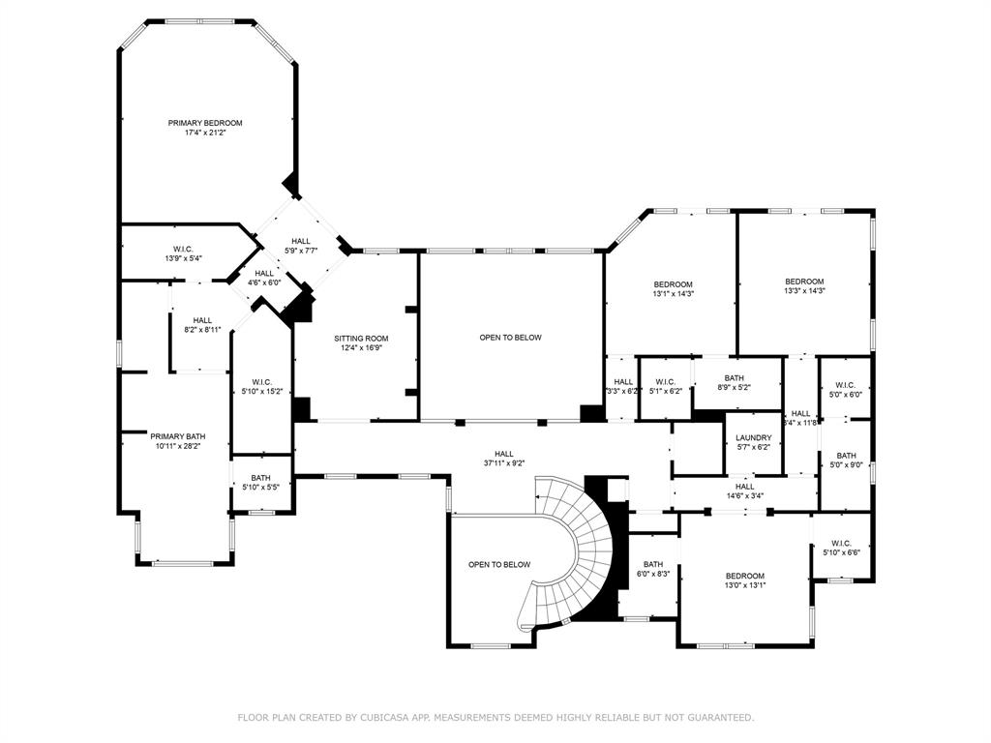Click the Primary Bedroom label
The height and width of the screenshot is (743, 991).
click(x=205, y=123)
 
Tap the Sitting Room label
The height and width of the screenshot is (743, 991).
click(x=362, y=339)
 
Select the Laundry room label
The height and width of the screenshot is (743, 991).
click(x=753, y=437)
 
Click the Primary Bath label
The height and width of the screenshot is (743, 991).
click(x=177, y=436)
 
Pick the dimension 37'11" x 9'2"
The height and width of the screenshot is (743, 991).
click(x=504, y=463)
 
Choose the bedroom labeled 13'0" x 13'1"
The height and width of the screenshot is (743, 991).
click(x=745, y=576)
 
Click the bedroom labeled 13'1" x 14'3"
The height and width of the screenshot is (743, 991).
click(x=673, y=283)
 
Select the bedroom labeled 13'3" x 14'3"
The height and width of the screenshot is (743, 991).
click(x=804, y=282)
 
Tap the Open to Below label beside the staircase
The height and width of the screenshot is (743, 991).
click(x=499, y=564)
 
